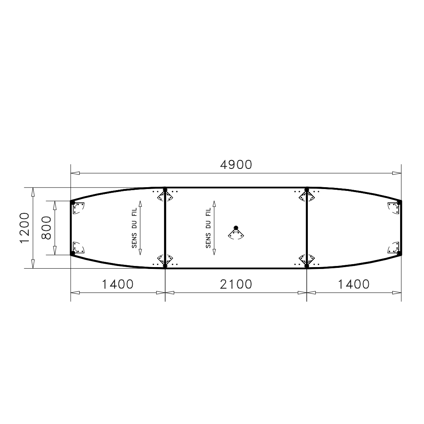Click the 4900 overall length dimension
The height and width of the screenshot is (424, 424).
point(236,165)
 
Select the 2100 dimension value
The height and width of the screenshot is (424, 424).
point(236,284)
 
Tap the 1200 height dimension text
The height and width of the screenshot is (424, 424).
point(25,228)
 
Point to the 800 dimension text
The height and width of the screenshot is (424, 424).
point(46,228)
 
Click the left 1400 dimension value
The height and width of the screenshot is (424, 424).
point(118,284)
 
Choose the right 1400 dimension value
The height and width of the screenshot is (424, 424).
point(354,284)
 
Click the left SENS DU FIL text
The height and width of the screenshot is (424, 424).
point(134,228)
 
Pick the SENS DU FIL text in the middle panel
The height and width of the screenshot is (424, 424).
point(208,228)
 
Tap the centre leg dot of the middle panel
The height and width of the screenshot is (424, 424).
point(236,228)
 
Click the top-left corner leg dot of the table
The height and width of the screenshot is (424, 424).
point(72,202)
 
